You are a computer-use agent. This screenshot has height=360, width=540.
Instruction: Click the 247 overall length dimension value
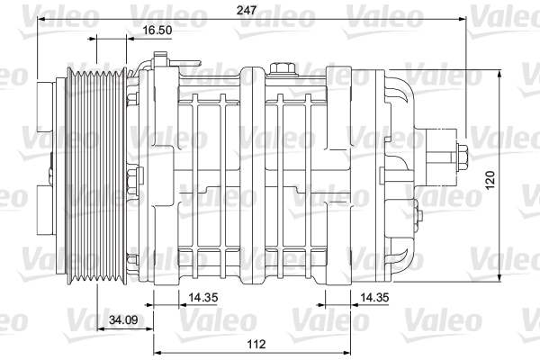(247, 10)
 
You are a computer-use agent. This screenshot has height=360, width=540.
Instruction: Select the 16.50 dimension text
(157, 30)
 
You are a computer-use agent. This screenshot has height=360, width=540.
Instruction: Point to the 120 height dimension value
(490, 179)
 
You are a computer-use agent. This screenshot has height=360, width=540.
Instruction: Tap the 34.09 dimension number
(123, 320)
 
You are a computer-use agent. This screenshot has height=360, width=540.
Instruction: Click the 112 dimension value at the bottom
(256, 344)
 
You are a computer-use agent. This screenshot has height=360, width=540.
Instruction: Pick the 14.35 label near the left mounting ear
(203, 297)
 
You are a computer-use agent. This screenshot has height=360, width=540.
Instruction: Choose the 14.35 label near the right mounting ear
(374, 297)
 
